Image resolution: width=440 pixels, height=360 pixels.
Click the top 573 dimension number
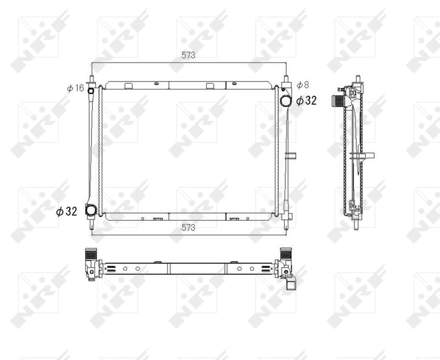(189, 55)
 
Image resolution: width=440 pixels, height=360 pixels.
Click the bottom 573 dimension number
(189, 227)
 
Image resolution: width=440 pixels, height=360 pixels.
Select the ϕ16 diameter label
(76, 88)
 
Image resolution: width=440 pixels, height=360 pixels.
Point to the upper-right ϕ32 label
(306, 100)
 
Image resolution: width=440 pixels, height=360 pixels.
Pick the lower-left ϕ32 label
(67, 211)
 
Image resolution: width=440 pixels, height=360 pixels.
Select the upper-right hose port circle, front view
(286, 100)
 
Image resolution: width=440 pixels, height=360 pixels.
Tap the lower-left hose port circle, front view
(91, 211)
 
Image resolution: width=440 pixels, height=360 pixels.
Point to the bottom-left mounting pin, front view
(92, 226)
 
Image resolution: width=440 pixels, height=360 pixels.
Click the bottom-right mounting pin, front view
(287, 224)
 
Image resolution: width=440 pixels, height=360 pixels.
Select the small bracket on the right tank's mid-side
(291, 157)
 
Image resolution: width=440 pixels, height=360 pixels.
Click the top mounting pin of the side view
(357, 80)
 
